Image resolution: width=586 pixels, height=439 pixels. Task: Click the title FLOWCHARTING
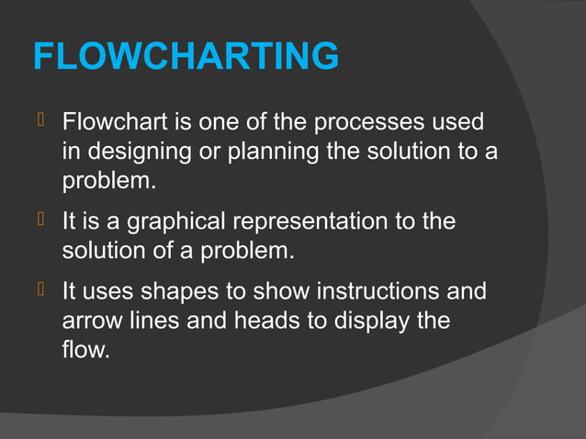click(x=186, y=57)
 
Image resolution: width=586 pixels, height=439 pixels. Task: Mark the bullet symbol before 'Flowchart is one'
click(x=40, y=121)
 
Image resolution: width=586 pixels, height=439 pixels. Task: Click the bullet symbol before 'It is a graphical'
click(x=40, y=222)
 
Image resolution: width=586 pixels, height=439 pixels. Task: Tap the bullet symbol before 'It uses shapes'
click(x=40, y=293)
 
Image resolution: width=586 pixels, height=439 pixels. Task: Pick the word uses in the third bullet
click(x=109, y=294)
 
